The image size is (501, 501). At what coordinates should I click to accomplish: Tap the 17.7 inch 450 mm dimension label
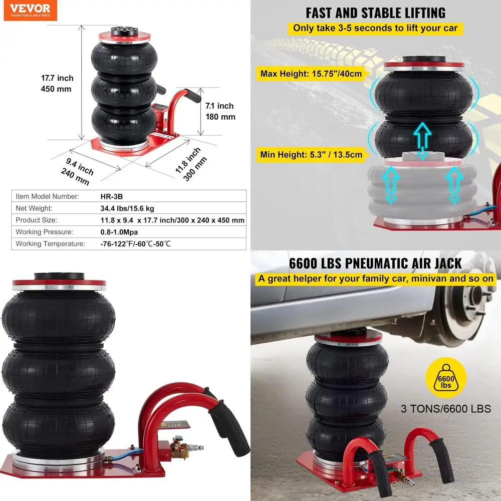(x=57, y=83)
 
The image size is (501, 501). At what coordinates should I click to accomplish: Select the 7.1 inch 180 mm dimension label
(x=220, y=111)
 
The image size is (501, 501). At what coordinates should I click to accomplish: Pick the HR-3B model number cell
(x=104, y=196)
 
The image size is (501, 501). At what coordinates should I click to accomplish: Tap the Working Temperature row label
(x=50, y=244)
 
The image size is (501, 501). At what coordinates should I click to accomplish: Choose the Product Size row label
(x=37, y=220)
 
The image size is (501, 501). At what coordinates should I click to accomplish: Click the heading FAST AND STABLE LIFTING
(x=375, y=13)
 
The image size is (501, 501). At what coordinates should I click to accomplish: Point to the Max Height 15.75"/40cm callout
(x=311, y=74)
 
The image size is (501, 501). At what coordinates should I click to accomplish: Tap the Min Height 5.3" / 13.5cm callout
(x=311, y=154)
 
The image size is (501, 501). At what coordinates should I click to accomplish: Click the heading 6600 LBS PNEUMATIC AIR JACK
(x=375, y=263)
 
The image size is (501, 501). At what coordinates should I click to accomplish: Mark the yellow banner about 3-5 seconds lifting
(x=375, y=28)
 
